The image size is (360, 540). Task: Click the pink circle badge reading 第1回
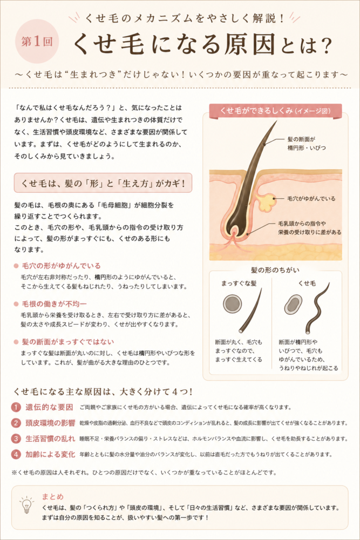tap(37, 42)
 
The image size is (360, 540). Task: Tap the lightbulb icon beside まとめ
tap(26, 505)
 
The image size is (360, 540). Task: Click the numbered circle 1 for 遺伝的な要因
tap(16, 407)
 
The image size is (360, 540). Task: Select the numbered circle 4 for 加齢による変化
tap(16, 454)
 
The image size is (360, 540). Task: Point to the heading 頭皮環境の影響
tap(50, 423)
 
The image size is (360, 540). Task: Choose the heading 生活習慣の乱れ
tap(50, 438)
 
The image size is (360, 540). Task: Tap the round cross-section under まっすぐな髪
tap(232, 303)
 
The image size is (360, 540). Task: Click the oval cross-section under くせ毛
tap(293, 304)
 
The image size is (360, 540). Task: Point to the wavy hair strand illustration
tap(316, 308)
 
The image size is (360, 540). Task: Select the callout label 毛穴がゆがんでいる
tap(311, 198)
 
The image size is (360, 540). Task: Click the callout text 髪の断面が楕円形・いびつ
tap(307, 143)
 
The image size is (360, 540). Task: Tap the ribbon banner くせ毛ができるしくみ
tap(275, 111)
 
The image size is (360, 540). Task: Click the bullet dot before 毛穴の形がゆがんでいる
tap(16, 266)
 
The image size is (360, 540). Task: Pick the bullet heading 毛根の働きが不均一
tap(54, 303)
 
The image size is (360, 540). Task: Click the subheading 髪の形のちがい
tap(275, 270)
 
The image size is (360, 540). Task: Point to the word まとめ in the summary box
tap(53, 496)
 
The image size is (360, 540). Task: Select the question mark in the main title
tap(324, 45)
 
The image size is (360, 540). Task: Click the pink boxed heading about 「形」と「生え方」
tap(103, 183)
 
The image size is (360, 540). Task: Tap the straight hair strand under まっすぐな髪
tap(251, 310)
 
